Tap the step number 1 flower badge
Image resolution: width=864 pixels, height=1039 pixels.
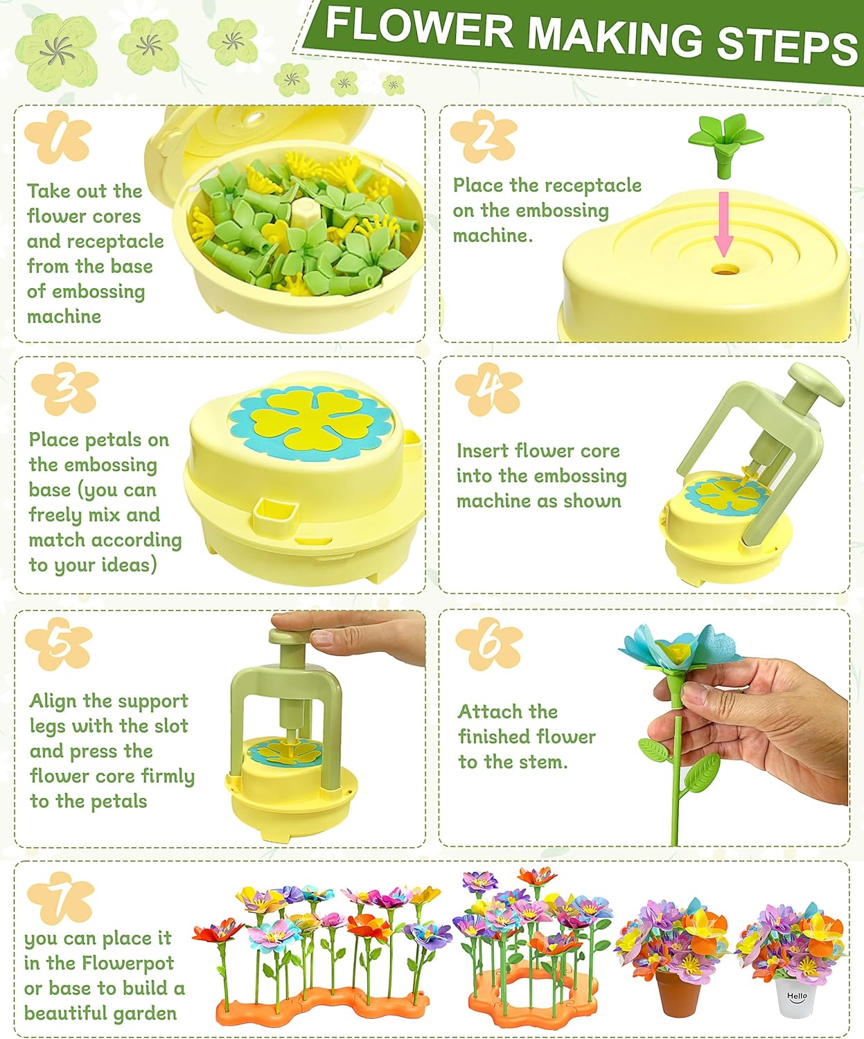click(58, 136)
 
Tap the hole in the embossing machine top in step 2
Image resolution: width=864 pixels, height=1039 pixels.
click(725, 268)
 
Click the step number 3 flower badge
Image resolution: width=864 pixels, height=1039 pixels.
click(64, 389)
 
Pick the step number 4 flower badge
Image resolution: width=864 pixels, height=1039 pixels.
click(488, 389)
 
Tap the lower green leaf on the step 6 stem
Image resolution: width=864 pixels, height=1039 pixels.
click(699, 772)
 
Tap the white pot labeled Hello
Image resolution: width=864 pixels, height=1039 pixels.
click(795, 997)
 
